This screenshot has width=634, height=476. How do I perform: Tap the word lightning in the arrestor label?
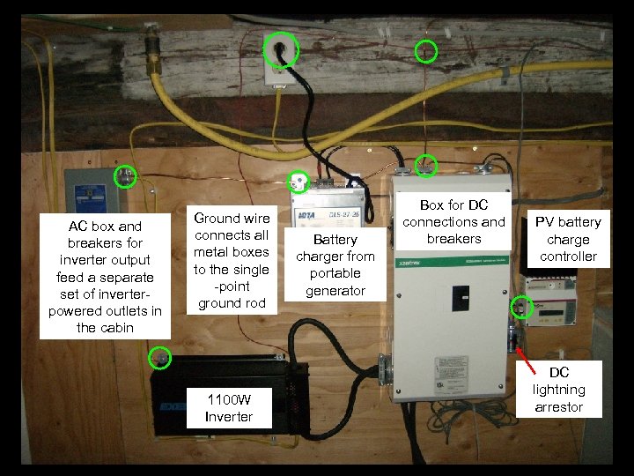(558, 390)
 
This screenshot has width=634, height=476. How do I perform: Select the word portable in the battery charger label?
(335, 273)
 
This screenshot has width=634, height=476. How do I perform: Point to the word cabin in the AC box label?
(119, 328)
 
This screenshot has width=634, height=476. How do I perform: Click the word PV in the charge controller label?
(543, 222)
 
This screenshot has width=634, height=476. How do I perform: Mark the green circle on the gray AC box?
(127, 176)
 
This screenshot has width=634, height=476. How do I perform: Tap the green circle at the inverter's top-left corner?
(160, 357)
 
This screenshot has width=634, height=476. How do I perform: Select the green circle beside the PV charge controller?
(521, 308)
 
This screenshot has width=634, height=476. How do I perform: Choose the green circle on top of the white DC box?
(426, 165)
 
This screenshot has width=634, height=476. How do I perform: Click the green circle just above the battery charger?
(299, 181)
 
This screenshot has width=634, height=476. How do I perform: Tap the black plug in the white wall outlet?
(281, 53)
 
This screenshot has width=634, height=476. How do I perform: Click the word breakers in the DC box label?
(454, 239)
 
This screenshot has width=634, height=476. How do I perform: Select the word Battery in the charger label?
(335, 240)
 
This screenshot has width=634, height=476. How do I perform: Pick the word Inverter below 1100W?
(228, 417)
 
